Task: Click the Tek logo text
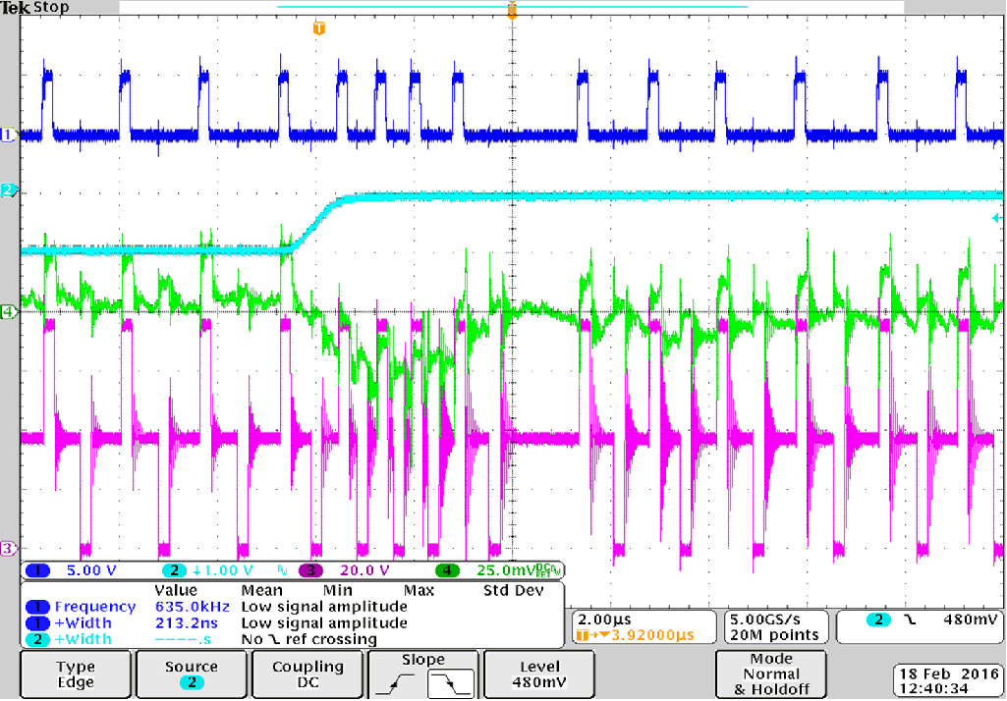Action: point(16,8)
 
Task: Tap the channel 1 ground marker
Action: point(10,135)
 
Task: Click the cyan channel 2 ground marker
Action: point(10,189)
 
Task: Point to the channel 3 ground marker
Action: point(10,548)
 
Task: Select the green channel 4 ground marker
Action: point(10,312)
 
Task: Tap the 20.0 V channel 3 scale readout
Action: point(362,569)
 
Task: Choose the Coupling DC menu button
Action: point(308,674)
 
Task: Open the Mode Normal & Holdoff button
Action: point(771,674)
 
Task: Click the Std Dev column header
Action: point(513,591)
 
